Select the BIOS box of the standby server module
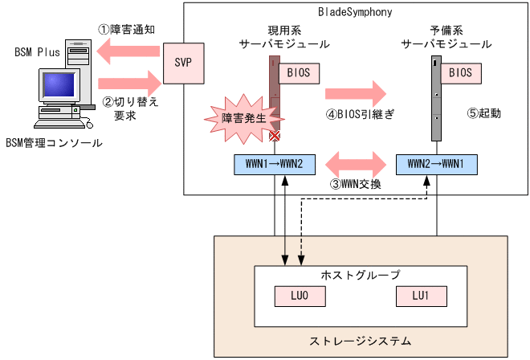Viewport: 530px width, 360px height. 460,72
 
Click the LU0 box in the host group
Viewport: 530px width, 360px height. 294,296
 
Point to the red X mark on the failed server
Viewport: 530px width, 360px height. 275,137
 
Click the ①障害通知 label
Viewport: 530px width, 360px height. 126,28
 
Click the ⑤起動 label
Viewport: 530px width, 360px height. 483,113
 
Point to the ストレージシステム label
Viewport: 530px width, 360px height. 361,341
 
